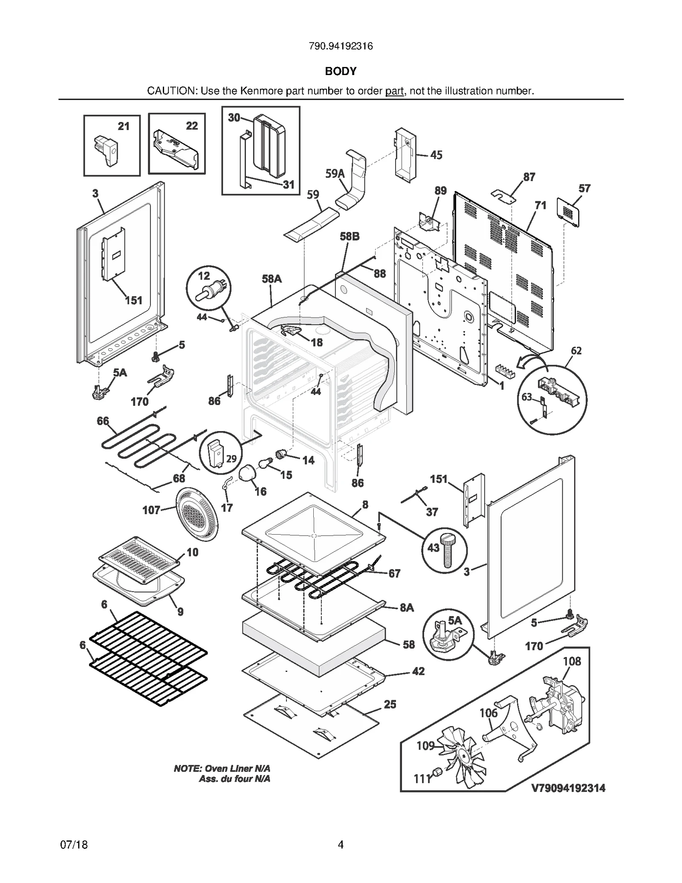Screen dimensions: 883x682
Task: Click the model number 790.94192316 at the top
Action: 341,46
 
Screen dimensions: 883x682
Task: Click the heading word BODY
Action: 341,71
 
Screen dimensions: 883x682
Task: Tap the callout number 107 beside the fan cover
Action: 151,510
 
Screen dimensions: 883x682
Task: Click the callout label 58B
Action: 350,236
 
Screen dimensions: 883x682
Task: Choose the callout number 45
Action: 436,155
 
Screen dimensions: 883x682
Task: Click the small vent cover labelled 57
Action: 568,212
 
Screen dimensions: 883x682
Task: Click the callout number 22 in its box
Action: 192,126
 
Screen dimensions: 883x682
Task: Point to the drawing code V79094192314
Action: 568,788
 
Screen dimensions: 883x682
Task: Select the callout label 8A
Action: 407,608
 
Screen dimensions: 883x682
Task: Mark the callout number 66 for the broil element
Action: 103,421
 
